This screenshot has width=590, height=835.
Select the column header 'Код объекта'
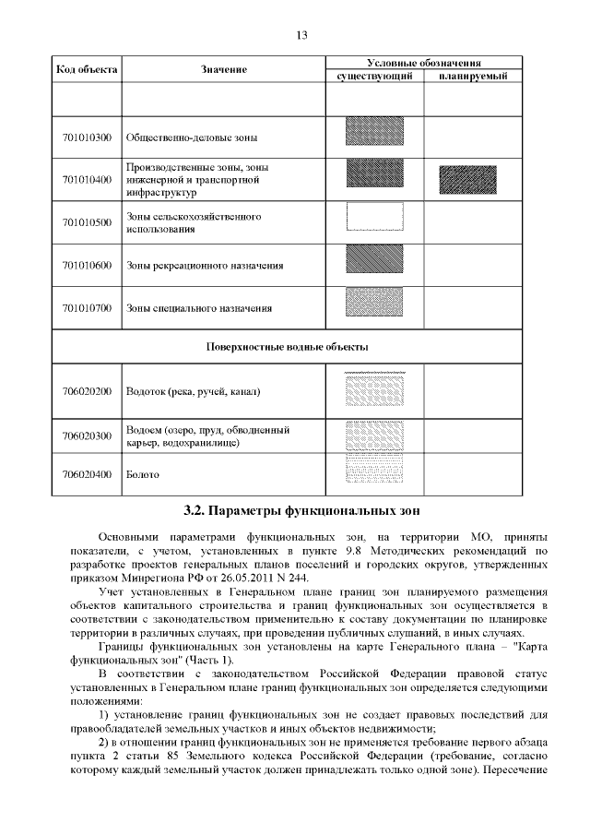[x=87, y=69]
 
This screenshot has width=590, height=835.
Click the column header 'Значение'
[x=224, y=69]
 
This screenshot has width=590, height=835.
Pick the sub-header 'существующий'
[x=373, y=76]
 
